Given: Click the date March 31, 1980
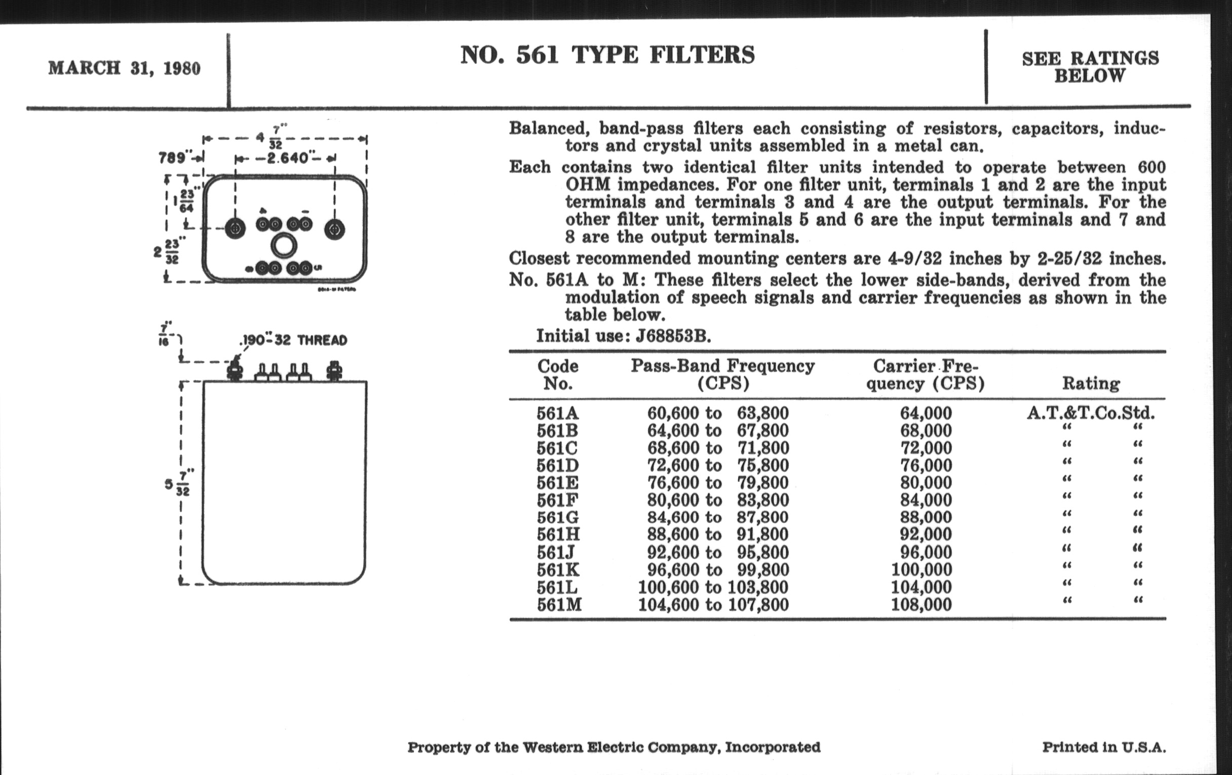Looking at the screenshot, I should tap(124, 68).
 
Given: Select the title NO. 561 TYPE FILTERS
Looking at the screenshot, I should tap(607, 55).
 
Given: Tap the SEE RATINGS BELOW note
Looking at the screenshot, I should tap(1090, 66).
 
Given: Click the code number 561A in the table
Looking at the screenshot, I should tap(558, 413).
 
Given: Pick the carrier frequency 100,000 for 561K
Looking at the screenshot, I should tap(921, 569).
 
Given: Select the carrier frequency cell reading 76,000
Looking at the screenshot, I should tap(926, 465).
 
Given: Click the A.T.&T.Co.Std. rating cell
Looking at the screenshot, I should tap(1090, 413).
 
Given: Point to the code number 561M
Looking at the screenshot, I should tap(559, 604).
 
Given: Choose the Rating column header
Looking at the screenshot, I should tap(1091, 383).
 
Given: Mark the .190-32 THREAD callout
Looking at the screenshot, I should tap(293, 340).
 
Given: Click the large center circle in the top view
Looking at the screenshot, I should tap(284, 246).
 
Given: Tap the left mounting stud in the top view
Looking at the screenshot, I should tap(236, 228).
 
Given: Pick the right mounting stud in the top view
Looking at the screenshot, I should tap(335, 229).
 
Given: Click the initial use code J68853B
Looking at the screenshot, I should tap(673, 336).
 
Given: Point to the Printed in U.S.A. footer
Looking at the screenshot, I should tap(1104, 747).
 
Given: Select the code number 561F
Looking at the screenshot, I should tap(557, 500).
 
